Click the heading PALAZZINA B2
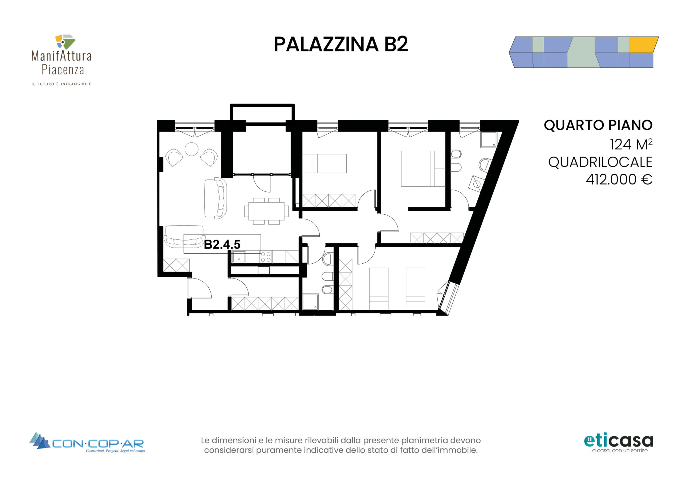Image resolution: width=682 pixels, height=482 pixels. coord(341,44)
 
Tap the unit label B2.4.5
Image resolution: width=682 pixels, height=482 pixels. coord(222,244)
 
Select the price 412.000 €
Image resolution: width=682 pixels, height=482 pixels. coord(619,179)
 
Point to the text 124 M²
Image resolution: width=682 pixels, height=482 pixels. coord(631,144)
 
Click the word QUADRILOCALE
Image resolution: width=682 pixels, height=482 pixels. coord(600,162)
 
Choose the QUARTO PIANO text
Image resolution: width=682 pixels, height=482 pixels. coord(598,125)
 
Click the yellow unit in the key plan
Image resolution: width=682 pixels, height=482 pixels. coord(643,45)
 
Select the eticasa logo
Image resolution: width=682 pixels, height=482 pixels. coord(618,444)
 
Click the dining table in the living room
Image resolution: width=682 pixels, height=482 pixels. coord(266,211)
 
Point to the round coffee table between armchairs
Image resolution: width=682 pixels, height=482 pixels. coord(191,149)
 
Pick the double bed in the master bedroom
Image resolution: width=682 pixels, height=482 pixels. coord(423,168)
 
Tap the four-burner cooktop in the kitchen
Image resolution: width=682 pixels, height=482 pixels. coord(266,257)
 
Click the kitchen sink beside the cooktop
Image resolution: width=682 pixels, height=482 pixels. coord(239,257)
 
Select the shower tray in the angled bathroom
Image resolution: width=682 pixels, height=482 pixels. coord(489,140)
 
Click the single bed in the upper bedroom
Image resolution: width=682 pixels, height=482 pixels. coord(324,163)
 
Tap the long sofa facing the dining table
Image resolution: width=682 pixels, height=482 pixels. coord(216,198)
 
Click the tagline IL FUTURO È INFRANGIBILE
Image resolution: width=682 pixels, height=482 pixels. coord(62,84)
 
